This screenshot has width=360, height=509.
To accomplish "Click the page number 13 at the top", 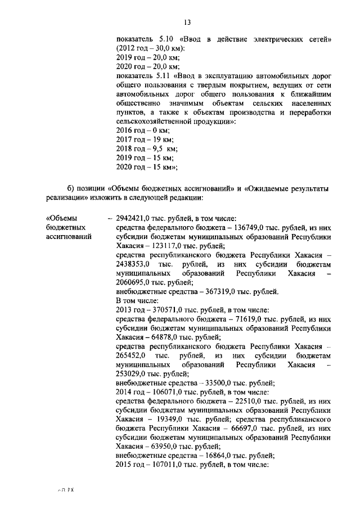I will pyautogui.click(x=187, y=22).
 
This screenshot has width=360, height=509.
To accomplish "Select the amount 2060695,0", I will pyautogui.click(x=133, y=282).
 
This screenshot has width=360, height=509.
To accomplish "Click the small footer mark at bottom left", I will pyautogui.click(x=66, y=490).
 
